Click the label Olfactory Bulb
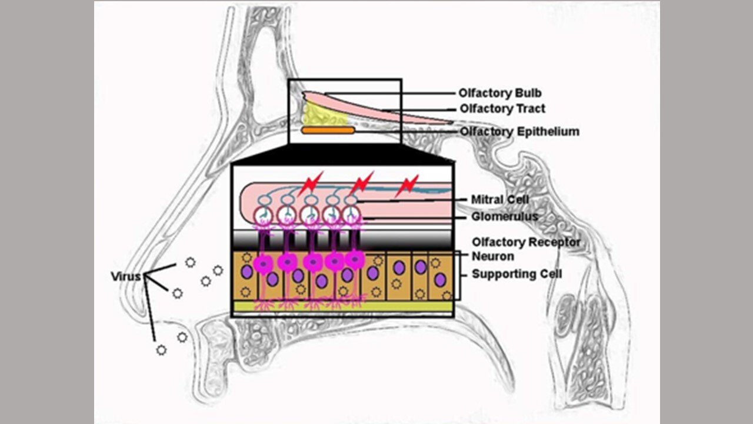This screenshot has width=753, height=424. [500, 93]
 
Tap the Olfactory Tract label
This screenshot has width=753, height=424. [502, 109]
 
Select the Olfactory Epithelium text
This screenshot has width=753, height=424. [519, 131]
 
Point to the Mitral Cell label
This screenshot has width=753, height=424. [500, 200]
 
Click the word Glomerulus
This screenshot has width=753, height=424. [505, 217]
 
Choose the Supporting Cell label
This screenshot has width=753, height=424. [517, 274]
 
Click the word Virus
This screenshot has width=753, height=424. [126, 276]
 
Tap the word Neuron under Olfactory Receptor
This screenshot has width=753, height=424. [492, 256]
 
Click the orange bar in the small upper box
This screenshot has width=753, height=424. [328, 130]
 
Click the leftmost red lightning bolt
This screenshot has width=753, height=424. [311, 184]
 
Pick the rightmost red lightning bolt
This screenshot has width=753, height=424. [407, 185]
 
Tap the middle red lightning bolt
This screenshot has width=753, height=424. [361, 183]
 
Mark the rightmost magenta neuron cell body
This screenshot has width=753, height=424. [355, 260]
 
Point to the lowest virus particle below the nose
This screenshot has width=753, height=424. [161, 350]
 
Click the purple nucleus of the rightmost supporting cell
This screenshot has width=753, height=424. [439, 280]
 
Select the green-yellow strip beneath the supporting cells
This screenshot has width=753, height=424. [343, 306]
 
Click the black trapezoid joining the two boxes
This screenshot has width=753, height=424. [342, 154]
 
